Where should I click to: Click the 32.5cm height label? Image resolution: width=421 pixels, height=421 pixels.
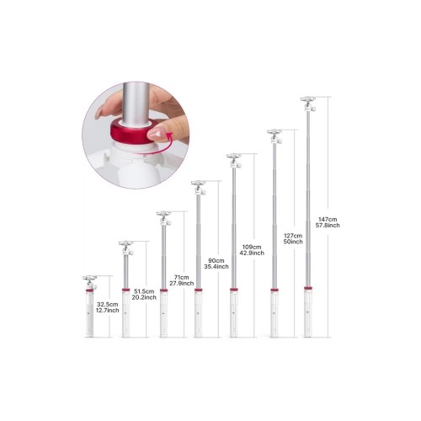point(108,304)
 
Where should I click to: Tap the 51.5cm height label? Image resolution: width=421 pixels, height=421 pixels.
point(144,291)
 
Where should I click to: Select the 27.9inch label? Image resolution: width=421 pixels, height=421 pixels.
point(182,284)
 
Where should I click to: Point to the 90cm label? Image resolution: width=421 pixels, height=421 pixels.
point(216,260)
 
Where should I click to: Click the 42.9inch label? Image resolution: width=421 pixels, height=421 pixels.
point(252,253)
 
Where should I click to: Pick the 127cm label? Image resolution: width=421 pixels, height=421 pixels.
point(293,236)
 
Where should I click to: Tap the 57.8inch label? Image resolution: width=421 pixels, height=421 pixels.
point(328,226)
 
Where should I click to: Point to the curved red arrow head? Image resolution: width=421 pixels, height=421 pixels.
point(169,137)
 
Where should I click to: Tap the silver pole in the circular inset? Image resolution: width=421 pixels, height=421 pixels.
point(136,102)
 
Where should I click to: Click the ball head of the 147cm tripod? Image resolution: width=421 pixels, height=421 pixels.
point(308,104)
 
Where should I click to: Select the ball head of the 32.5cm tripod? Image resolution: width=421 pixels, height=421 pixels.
point(90,282)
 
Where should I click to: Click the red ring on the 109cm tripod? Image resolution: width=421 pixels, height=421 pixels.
point(233,290)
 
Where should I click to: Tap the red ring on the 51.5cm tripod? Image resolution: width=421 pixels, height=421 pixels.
point(126,290)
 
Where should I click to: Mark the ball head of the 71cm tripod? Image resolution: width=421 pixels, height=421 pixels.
point(164,218)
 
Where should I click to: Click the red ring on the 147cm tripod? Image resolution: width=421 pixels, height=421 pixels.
point(308,288)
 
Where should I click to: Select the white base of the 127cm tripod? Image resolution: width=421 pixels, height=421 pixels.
point(274,314)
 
